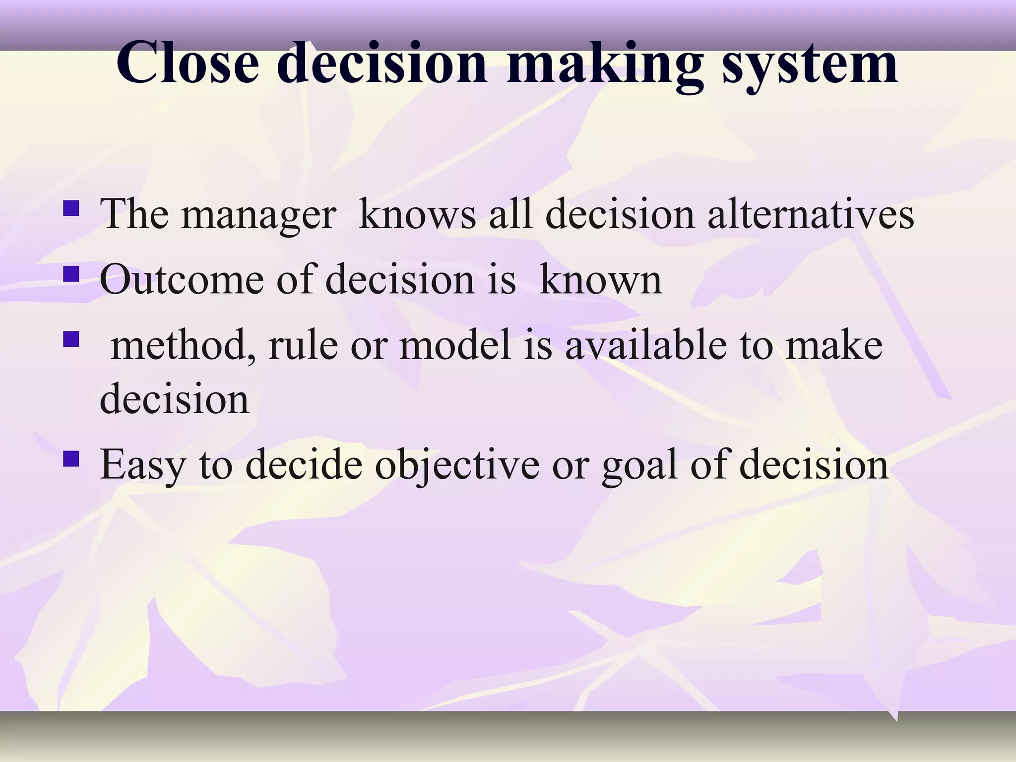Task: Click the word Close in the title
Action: point(188,63)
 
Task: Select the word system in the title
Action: point(810,63)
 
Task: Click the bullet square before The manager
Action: point(71,208)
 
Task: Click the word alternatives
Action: point(810,215)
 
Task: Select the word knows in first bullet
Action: point(417,215)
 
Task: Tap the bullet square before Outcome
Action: point(71,274)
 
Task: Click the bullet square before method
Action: point(71,339)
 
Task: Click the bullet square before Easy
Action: point(71,459)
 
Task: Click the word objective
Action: point(457,465)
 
